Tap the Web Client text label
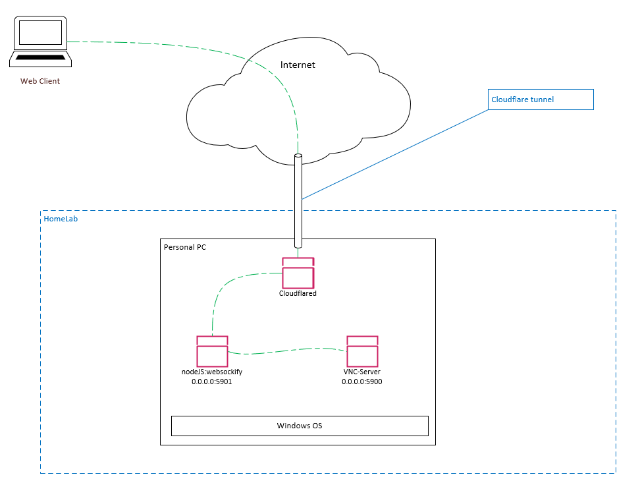click(40, 81)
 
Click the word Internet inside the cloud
click(298, 65)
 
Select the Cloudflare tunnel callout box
click(541, 99)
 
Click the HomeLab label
click(61, 219)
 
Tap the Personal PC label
click(185, 247)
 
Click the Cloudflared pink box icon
click(298, 273)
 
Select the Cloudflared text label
click(298, 294)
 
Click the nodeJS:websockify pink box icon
click(212, 351)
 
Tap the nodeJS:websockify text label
click(212, 372)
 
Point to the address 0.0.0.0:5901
click(212, 382)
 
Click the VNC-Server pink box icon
click(362, 351)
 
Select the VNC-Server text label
click(362, 372)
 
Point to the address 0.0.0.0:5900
click(362, 382)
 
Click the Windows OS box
click(300, 426)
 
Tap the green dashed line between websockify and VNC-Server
click(286, 351)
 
